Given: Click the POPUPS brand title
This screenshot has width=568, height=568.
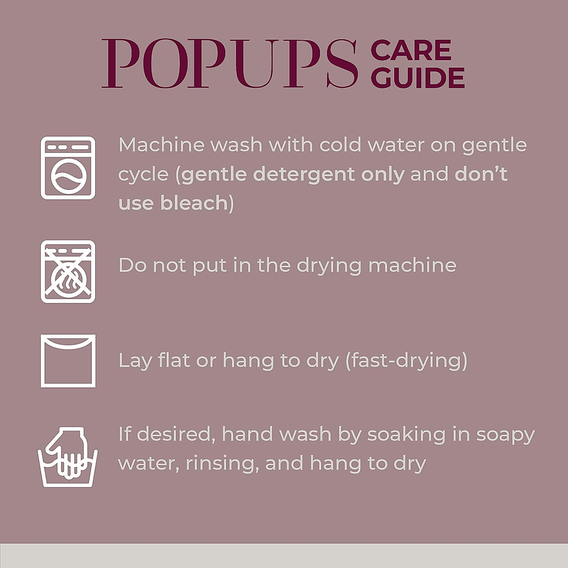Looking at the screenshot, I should (x=230, y=64).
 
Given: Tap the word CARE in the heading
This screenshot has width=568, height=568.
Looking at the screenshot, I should (x=411, y=51).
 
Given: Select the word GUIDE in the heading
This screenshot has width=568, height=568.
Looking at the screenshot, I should (x=417, y=78).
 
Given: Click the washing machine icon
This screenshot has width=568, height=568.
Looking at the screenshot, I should (x=68, y=168).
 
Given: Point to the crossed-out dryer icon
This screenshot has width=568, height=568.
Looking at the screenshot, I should (x=68, y=272).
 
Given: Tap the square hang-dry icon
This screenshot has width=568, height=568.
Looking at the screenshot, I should (x=68, y=361).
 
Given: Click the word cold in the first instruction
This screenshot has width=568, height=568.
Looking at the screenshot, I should (x=340, y=145).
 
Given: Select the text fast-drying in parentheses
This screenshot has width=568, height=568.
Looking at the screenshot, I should (x=406, y=361).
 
